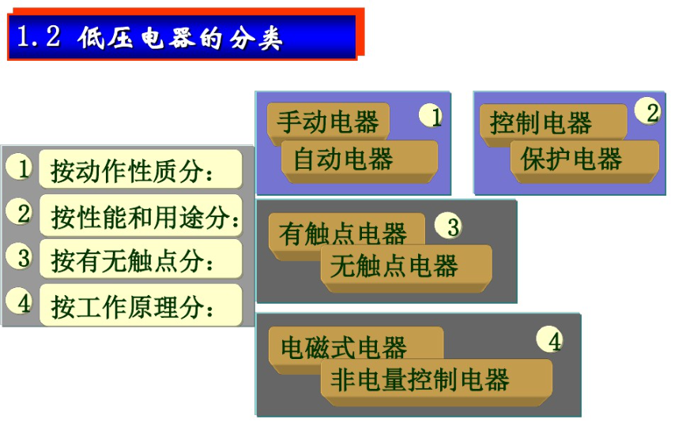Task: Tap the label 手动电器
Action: (x=328, y=122)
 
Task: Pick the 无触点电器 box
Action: (x=394, y=266)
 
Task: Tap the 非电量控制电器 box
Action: (x=420, y=380)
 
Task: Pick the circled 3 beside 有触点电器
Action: (x=451, y=227)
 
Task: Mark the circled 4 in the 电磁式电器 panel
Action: (x=553, y=340)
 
